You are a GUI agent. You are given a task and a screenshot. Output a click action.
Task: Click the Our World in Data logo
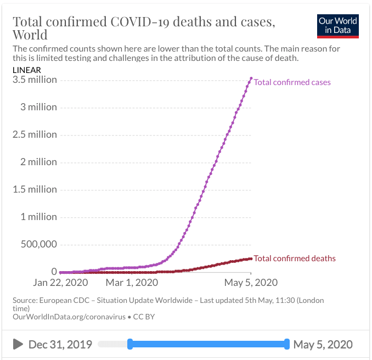[338, 25]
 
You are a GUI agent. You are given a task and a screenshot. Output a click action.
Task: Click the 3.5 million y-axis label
[35, 80]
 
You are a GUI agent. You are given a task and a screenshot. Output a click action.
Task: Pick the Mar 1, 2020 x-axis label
[132, 283]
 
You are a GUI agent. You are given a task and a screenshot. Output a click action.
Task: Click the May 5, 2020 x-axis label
[250, 283]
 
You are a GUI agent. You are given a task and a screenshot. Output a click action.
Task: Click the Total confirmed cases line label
[292, 82]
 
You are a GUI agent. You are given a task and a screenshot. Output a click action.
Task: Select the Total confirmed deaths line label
[295, 258]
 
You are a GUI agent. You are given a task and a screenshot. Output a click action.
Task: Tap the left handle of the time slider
[130, 344]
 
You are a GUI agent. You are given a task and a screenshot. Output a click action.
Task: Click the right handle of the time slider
[287, 344]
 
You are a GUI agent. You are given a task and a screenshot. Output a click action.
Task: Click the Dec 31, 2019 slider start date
[60, 345]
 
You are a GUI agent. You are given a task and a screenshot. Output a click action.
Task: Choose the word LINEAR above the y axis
[27, 70]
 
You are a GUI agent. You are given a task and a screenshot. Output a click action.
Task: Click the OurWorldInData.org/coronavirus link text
[65, 317]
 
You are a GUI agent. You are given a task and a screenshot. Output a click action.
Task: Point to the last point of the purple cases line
[251, 78]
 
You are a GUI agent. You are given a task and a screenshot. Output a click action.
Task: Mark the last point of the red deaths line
[251, 258]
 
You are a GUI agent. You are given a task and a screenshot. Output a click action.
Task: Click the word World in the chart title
[30, 35]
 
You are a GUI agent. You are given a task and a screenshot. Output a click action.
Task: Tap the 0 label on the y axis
[54, 272]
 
